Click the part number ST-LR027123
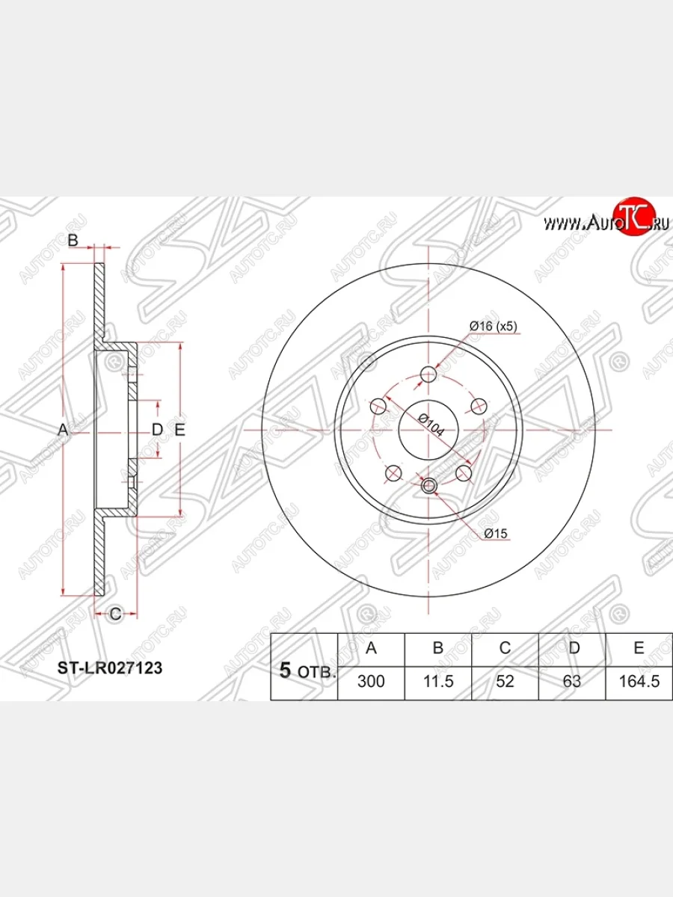110,668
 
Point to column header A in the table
371,648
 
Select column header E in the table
639,648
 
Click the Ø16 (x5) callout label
494,327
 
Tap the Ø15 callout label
496,533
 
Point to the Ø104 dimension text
431,425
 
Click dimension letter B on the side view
73,240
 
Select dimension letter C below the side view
116,614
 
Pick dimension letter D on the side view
157,430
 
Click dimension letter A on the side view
63,430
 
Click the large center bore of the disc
428,430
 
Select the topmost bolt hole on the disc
428,374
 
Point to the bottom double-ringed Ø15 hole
428,486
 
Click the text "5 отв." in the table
307,671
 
